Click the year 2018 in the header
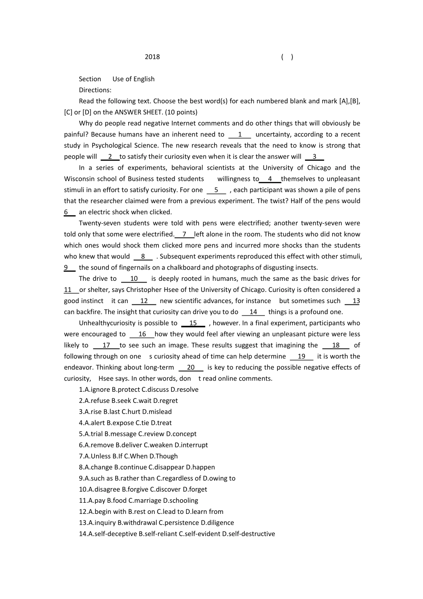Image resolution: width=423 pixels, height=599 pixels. [x=152, y=57]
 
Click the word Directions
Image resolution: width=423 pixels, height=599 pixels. [x=95, y=90]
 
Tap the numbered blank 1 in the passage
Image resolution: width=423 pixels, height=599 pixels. [x=240, y=135]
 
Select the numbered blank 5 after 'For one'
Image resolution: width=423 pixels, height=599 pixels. [x=216, y=190]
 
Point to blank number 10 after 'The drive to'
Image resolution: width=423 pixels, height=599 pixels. [x=134, y=279]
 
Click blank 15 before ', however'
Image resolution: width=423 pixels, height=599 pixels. [x=193, y=323]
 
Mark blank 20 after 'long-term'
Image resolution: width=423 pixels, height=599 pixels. [x=191, y=368]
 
